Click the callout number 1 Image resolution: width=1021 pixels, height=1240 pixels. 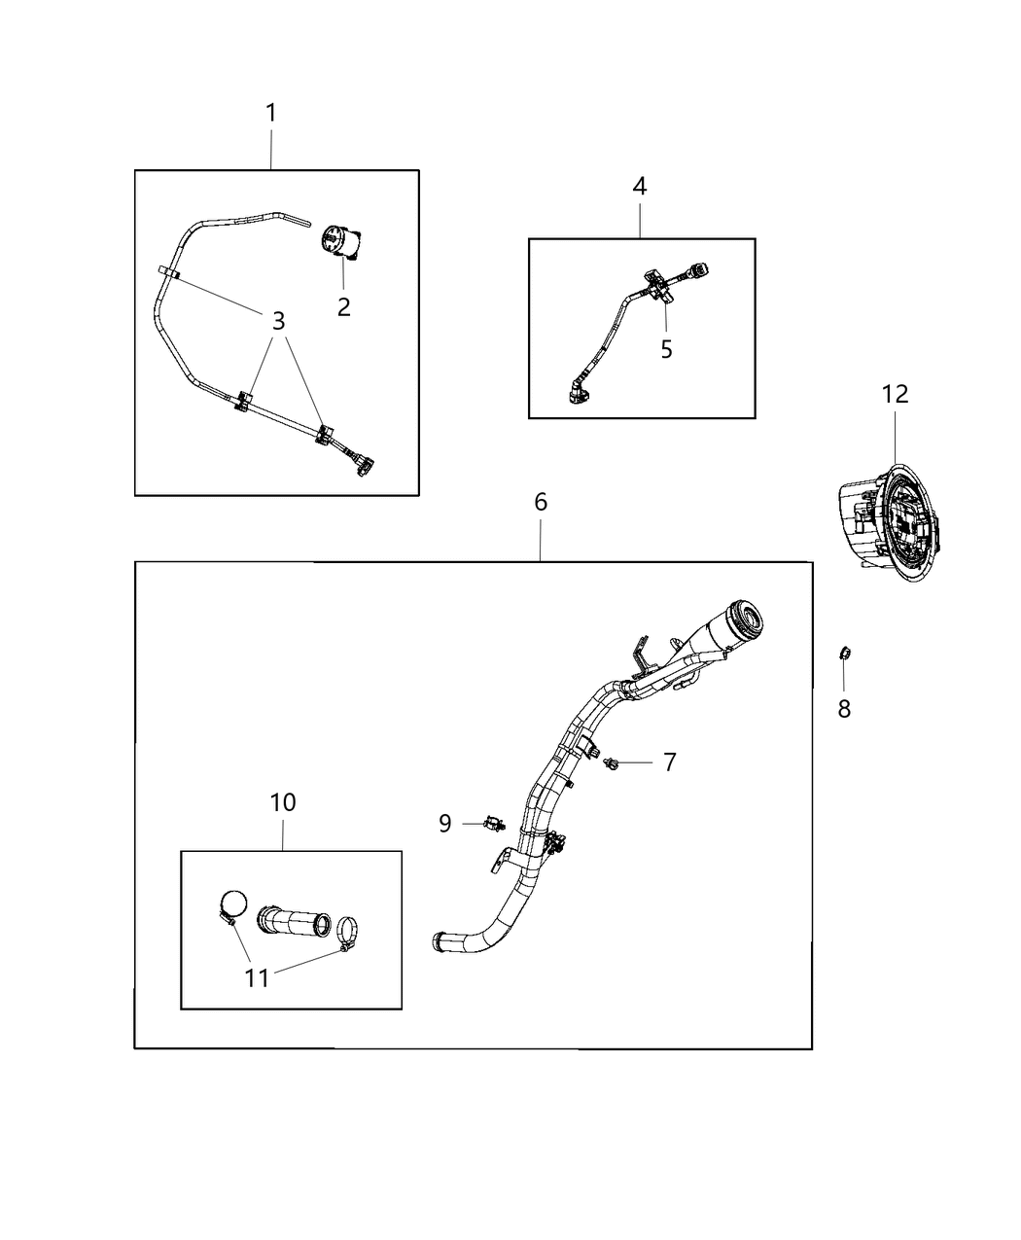click(271, 114)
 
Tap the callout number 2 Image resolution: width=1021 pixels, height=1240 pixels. click(343, 307)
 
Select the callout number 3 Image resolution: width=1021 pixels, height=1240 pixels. click(278, 320)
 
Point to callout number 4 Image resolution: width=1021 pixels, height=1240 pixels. click(639, 186)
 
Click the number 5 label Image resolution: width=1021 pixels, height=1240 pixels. click(666, 349)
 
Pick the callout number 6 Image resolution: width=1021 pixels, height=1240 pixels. click(541, 502)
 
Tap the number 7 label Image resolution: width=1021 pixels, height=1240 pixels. click(669, 762)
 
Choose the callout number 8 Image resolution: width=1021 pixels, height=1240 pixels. click(844, 710)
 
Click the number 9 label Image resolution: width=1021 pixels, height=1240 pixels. click(444, 824)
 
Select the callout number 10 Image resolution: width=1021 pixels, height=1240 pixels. click(283, 803)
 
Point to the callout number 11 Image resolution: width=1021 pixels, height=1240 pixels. click(257, 977)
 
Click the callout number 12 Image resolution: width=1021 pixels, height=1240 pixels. click(895, 394)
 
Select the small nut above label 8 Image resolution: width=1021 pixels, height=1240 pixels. click(844, 653)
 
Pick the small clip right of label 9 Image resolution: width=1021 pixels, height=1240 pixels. click(496, 825)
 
